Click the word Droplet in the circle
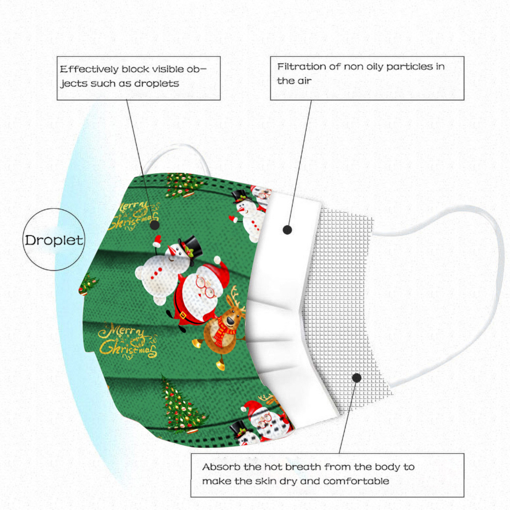tap(54, 240)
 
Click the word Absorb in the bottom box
tap(221, 467)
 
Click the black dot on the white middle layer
tap(287, 229)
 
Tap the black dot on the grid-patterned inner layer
tap(357, 378)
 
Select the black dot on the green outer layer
tap(155, 225)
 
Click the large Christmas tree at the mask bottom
tap(182, 408)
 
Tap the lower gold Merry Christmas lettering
tap(127, 341)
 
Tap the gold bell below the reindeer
tap(220, 364)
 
